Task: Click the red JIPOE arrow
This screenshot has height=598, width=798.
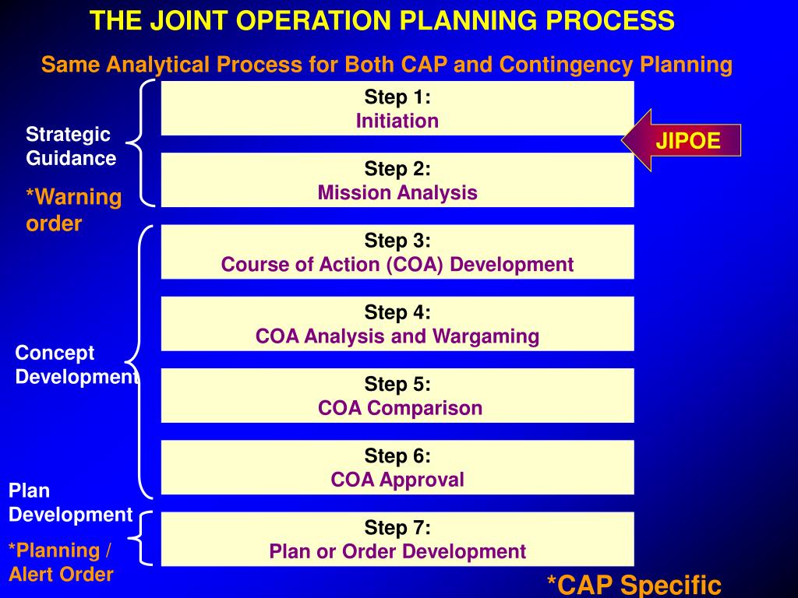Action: click(681, 140)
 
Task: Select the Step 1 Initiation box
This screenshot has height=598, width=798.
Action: click(397, 108)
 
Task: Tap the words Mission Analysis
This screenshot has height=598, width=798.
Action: click(397, 193)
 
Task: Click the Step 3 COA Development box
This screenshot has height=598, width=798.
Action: click(397, 252)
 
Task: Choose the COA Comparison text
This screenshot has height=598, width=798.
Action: click(400, 408)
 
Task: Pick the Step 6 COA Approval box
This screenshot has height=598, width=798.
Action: click(397, 467)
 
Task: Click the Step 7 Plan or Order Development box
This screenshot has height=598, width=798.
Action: click(397, 539)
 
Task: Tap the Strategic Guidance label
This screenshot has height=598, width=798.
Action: click(71, 146)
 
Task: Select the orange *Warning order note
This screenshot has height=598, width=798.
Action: click(74, 209)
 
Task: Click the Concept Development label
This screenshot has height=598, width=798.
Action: click(76, 364)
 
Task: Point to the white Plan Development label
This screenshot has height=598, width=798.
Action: click(70, 502)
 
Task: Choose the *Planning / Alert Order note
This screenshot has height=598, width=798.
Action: click(61, 562)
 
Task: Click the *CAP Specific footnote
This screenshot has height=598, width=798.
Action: click(634, 585)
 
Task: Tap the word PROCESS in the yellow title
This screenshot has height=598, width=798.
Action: click(610, 21)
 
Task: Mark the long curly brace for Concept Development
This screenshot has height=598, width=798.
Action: click(133, 362)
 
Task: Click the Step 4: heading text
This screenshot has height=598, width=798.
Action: click(397, 312)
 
